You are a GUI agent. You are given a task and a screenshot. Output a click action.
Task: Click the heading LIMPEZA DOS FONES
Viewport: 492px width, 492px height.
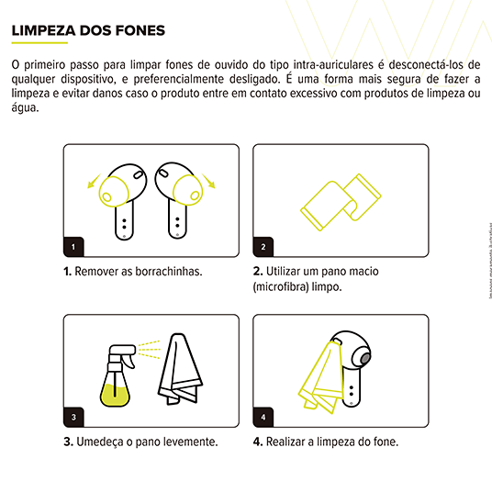(x=88, y=30)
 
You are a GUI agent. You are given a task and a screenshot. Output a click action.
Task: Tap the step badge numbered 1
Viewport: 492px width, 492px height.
(x=73, y=246)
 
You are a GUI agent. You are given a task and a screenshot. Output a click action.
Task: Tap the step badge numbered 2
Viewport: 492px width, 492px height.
(x=263, y=246)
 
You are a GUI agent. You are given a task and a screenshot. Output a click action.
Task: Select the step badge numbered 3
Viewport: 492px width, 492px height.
(x=73, y=416)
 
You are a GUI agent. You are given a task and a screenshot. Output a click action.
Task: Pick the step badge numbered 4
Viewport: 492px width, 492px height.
(x=263, y=416)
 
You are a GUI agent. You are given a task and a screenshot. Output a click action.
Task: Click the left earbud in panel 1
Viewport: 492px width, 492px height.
(x=121, y=197)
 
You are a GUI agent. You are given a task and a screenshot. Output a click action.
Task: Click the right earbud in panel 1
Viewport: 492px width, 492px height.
(x=178, y=197)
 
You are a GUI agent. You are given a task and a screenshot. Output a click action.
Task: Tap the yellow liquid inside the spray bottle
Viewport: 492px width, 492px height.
(x=115, y=396)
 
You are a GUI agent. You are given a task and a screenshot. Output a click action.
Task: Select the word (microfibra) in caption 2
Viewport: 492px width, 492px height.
(x=284, y=286)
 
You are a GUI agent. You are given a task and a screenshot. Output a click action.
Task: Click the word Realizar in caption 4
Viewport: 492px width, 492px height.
(x=288, y=442)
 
